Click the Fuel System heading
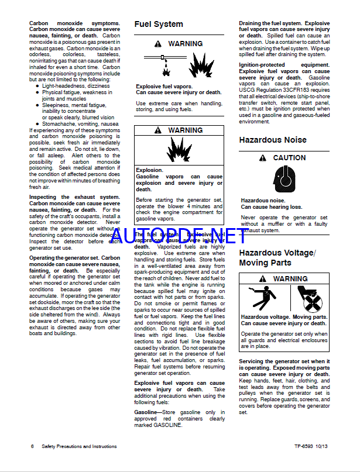tap(159, 25)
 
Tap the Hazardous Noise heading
tap(272, 140)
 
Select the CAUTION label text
tap(289, 158)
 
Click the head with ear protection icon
tap(284, 180)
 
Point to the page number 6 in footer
tap(32, 446)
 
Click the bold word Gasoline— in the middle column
tap(146, 412)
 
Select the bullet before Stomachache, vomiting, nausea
tap(37, 124)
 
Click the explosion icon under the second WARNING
tap(179, 151)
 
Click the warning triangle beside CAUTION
tap(262, 158)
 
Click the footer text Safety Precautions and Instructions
tap(79, 446)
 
